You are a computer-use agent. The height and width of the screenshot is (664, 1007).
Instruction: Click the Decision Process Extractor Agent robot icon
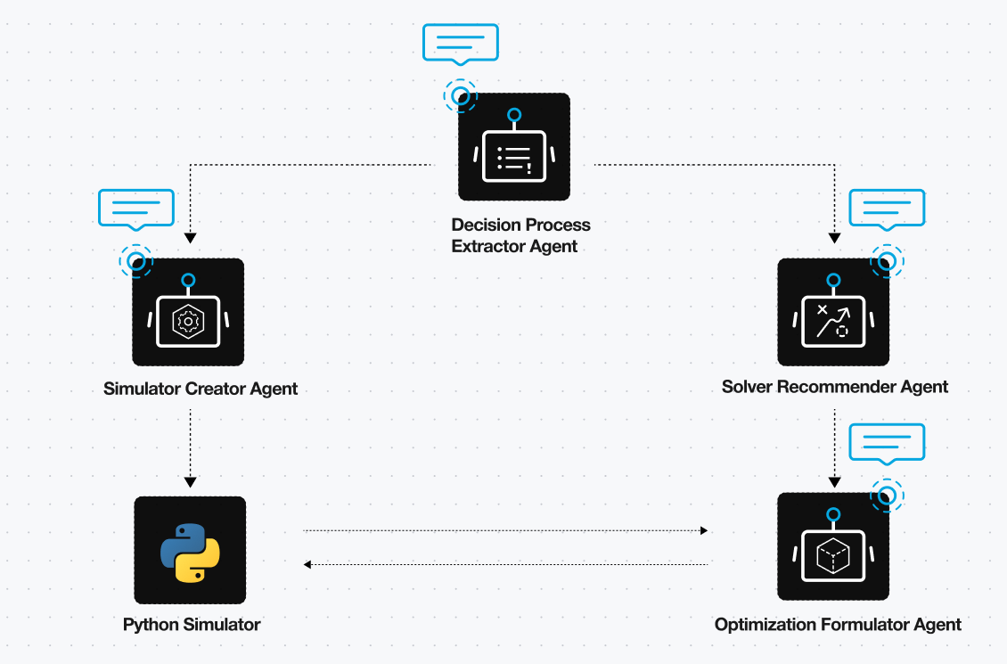coord(513,147)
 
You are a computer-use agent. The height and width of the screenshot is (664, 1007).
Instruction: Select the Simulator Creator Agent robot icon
coord(188,312)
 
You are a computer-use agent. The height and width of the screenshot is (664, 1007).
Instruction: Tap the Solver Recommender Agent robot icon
coord(833,312)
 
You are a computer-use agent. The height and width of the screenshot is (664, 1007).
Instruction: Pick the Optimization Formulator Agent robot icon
coord(833,546)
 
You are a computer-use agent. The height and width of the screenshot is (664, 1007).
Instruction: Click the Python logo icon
coord(190,550)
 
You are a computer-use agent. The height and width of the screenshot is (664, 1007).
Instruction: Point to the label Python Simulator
coord(192,625)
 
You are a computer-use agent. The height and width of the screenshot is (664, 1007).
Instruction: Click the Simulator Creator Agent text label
coord(201,389)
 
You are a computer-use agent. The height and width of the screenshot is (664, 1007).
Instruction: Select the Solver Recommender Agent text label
coord(835,387)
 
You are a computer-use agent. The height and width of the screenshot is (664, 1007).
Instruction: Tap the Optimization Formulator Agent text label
coord(838,625)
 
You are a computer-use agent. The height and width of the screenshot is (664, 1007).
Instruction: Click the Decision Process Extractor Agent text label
coord(520,235)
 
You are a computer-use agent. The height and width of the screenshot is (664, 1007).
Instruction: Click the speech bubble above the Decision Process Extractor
coord(460,43)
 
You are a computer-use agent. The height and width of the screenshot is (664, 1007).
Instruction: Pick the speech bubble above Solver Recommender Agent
coord(888,209)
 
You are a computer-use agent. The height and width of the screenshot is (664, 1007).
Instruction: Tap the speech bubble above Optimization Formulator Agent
coord(887,443)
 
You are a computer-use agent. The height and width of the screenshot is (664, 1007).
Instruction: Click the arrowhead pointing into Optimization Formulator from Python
coord(704,530)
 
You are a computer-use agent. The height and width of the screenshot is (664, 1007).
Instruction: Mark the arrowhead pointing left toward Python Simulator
coord(307,564)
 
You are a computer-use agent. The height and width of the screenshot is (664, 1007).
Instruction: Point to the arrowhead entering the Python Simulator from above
coord(190,480)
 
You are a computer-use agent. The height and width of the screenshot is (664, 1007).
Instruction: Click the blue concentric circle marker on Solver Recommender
coord(887,260)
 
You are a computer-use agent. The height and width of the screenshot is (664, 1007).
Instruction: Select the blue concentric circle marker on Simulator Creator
coord(136,261)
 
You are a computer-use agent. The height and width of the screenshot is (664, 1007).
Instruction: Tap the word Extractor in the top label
coord(487,246)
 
